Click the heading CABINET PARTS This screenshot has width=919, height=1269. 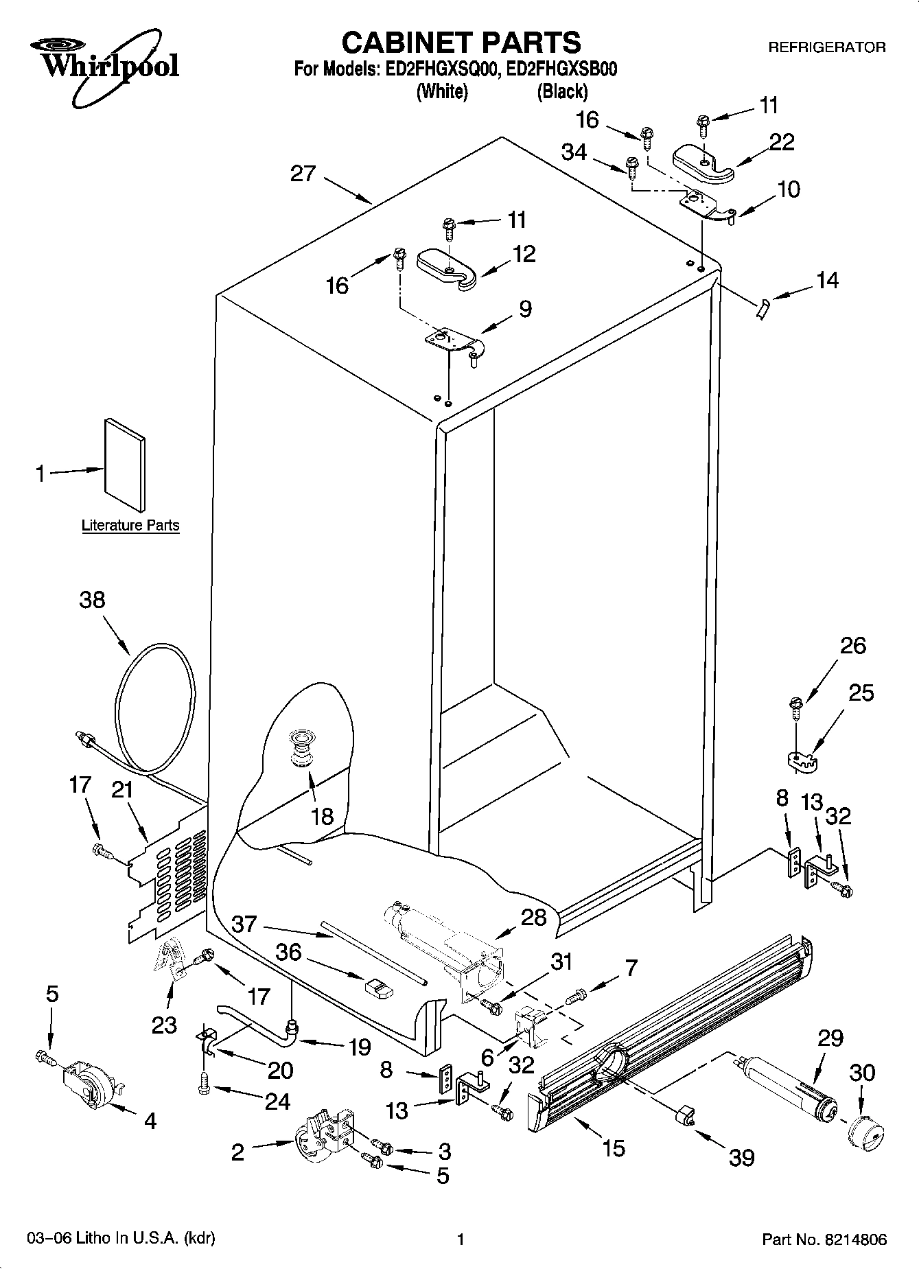[x=461, y=43]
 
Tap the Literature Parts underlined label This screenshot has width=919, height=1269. [x=130, y=526]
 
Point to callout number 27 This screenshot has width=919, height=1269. [x=303, y=173]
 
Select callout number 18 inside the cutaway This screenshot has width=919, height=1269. [x=322, y=816]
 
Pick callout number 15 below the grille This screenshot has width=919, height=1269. [x=613, y=1148]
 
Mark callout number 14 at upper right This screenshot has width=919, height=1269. [x=827, y=280]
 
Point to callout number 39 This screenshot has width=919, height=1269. [x=742, y=1158]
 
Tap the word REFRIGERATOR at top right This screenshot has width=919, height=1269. [x=826, y=47]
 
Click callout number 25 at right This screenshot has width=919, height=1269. [x=861, y=693]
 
